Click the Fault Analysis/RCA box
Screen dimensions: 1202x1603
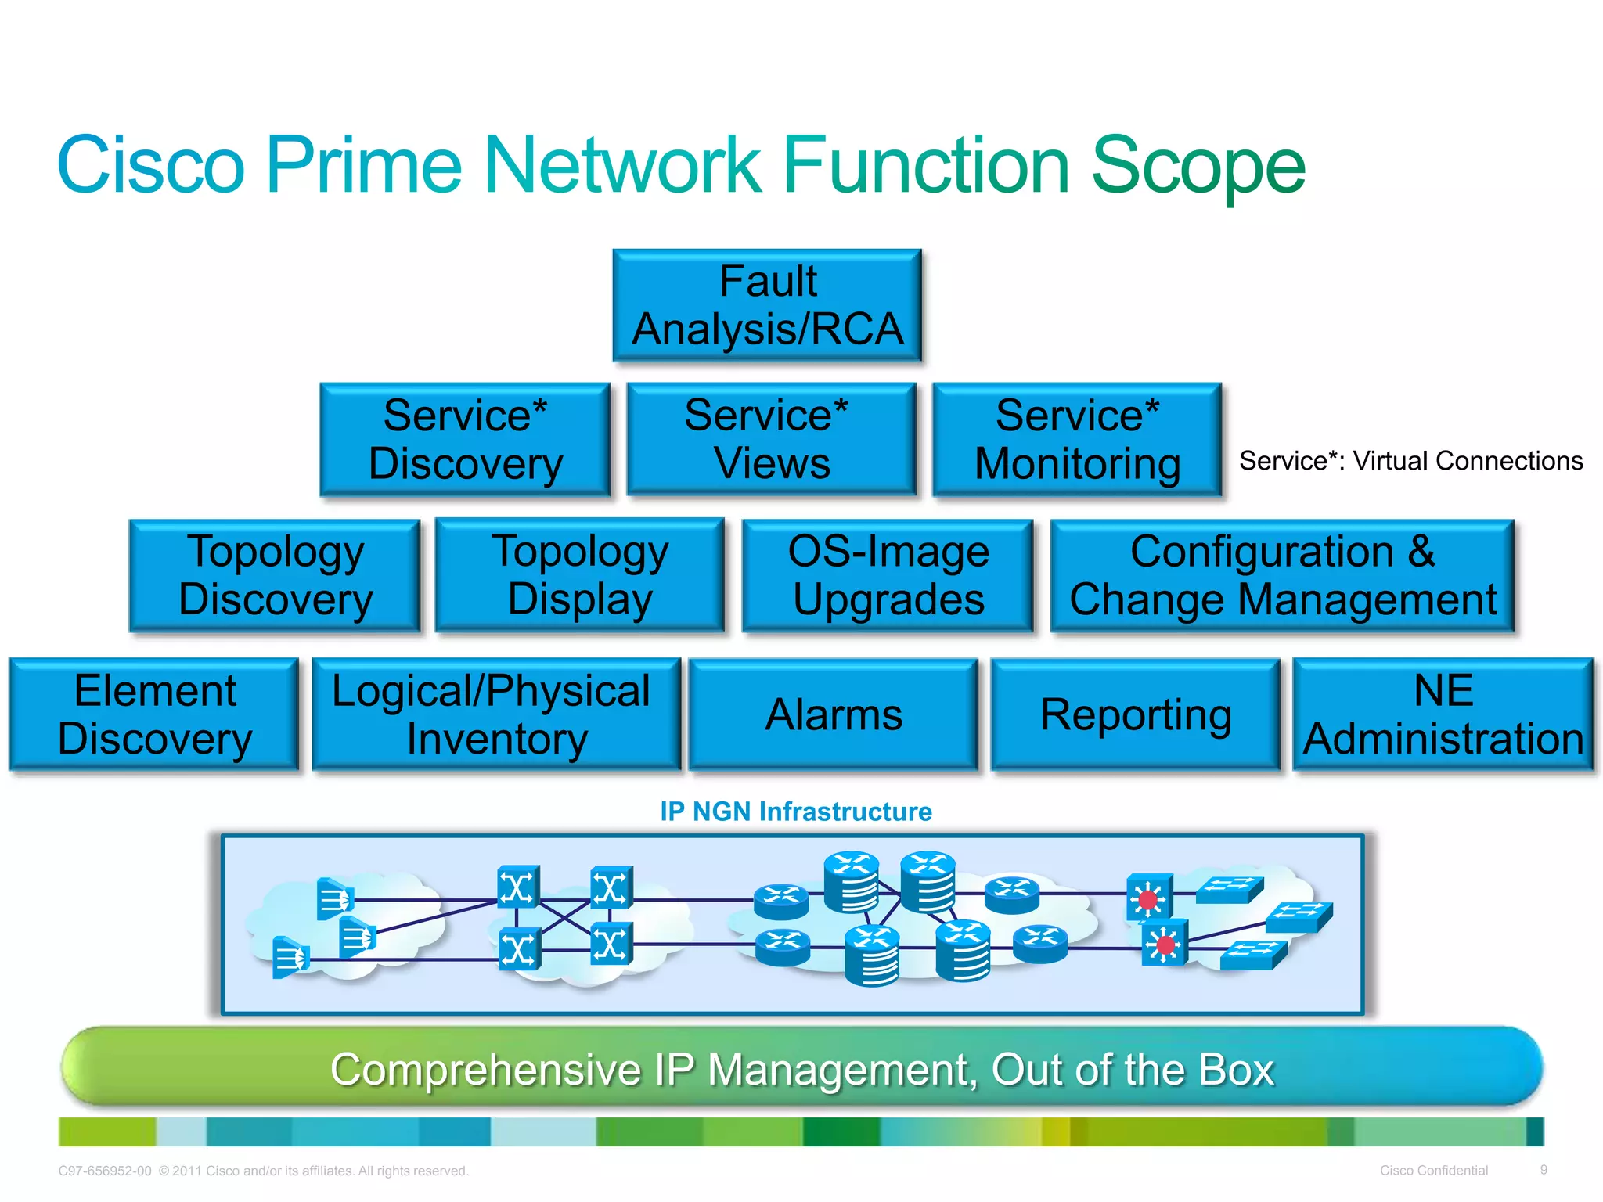coord(767,305)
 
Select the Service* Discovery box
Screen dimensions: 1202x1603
coord(465,439)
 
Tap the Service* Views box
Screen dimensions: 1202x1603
coord(771,439)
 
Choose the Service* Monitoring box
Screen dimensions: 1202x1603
coord(1077,439)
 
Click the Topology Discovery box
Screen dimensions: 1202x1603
coord(275,575)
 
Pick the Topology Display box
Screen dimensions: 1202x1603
coord(579,575)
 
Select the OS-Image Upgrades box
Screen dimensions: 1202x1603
coord(888,575)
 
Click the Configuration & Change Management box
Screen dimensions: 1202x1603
coord(1282,575)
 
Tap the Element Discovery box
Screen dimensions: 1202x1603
coord(154,714)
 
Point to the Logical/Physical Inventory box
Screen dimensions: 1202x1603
coord(495,714)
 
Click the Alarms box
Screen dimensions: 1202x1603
coord(834,714)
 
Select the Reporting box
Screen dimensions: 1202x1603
coord(1136,714)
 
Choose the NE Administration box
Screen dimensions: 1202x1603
coord(1443,714)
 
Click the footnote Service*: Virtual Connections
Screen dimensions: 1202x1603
coord(1410,461)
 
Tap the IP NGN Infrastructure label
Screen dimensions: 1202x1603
coord(795,812)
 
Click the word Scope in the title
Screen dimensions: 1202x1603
coord(1198,166)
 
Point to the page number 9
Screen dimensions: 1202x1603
coord(1544,1170)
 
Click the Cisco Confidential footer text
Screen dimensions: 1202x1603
coord(1433,1171)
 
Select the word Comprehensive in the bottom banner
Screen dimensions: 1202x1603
coord(485,1070)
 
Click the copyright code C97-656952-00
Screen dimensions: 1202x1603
coord(105,1171)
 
